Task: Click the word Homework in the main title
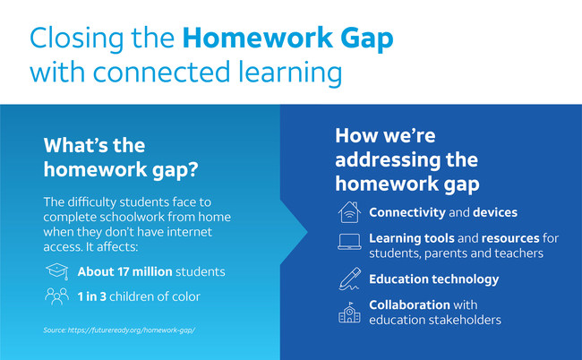[257, 38]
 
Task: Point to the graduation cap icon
[57, 271]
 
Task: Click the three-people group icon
[56, 296]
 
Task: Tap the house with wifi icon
[349, 212]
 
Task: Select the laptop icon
[349, 242]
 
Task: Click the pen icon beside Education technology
[349, 279]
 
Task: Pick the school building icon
[349, 313]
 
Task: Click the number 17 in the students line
[124, 271]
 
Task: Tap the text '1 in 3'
[92, 296]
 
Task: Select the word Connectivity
[407, 213]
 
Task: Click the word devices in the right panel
[495, 212]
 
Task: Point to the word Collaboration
[409, 304]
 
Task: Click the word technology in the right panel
[466, 279]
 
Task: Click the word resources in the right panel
[510, 238]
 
